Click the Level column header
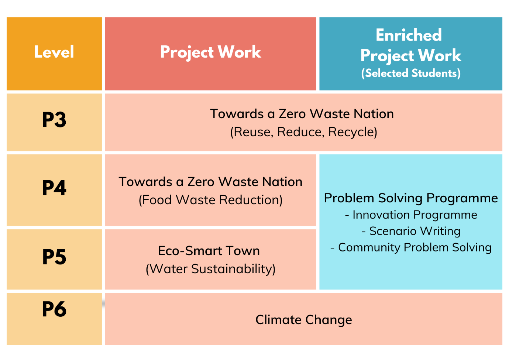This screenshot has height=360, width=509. pyautogui.click(x=54, y=52)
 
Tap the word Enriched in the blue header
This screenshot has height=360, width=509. pyautogui.click(x=409, y=35)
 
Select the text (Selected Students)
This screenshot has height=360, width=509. pyautogui.click(x=411, y=73)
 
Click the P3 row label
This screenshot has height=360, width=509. pyautogui.click(x=54, y=120)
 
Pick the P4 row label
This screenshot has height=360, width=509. pyautogui.click(x=54, y=188)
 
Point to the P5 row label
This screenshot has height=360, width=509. pyautogui.click(x=54, y=257)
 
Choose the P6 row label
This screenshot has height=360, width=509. pyautogui.click(x=54, y=309)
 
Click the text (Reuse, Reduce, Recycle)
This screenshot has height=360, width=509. pyautogui.click(x=303, y=132)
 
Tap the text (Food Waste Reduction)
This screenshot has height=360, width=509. pyautogui.click(x=211, y=200)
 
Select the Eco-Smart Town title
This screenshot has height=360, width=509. pyautogui.click(x=209, y=251)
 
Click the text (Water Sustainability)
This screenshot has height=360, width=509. pyautogui.click(x=211, y=269)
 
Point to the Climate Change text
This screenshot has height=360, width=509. pyautogui.click(x=303, y=320)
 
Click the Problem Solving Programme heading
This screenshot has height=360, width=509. pyautogui.click(x=411, y=198)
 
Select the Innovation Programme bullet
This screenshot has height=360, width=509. pyautogui.click(x=411, y=215)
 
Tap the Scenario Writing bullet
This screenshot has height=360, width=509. pyautogui.click(x=411, y=232)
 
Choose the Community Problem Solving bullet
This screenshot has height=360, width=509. pyautogui.click(x=411, y=247)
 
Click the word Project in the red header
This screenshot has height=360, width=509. pyautogui.click(x=187, y=52)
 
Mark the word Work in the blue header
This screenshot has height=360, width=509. pyautogui.click(x=440, y=55)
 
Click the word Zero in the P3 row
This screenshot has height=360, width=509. pyautogui.click(x=292, y=114)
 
